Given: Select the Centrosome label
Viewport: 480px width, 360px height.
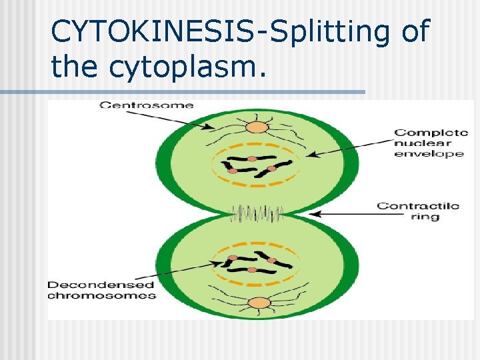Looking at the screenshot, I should pos(147,105).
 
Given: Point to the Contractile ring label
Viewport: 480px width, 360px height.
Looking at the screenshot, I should pos(417,211).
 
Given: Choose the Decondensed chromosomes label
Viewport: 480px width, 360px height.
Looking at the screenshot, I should pos(101,290).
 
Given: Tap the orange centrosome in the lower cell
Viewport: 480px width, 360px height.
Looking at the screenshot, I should pos(257,303).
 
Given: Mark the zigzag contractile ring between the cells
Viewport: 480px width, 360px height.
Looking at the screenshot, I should pos(257,214).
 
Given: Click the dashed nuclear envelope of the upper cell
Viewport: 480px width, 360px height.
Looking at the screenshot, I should pos(256,144).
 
